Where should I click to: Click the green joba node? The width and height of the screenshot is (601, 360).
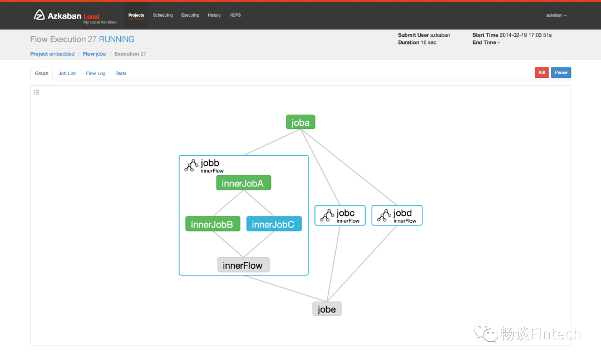300,122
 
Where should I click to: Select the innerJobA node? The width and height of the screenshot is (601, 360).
243,183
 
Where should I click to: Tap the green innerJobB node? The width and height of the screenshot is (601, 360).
212,224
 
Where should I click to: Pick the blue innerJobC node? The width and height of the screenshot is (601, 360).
273,224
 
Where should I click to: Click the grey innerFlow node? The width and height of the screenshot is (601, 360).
243,265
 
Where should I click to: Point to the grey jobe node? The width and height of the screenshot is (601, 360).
327,309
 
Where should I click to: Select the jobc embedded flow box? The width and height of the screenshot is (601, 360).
339,215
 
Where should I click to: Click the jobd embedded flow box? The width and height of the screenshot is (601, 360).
397,215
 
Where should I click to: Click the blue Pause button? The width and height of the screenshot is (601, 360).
561,72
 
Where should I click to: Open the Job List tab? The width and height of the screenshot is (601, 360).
67,73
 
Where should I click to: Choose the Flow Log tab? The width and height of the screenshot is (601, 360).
96,73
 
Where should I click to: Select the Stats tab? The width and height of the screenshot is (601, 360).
121,73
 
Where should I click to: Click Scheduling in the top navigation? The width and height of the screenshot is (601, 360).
162,15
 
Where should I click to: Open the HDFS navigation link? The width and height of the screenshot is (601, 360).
235,15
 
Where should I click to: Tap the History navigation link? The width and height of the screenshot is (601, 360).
214,15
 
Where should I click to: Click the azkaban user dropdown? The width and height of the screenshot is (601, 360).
556,16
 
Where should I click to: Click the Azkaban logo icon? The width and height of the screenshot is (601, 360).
39,15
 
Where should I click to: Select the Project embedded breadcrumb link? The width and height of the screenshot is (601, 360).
52,54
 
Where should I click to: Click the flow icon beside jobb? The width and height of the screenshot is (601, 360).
191,165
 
